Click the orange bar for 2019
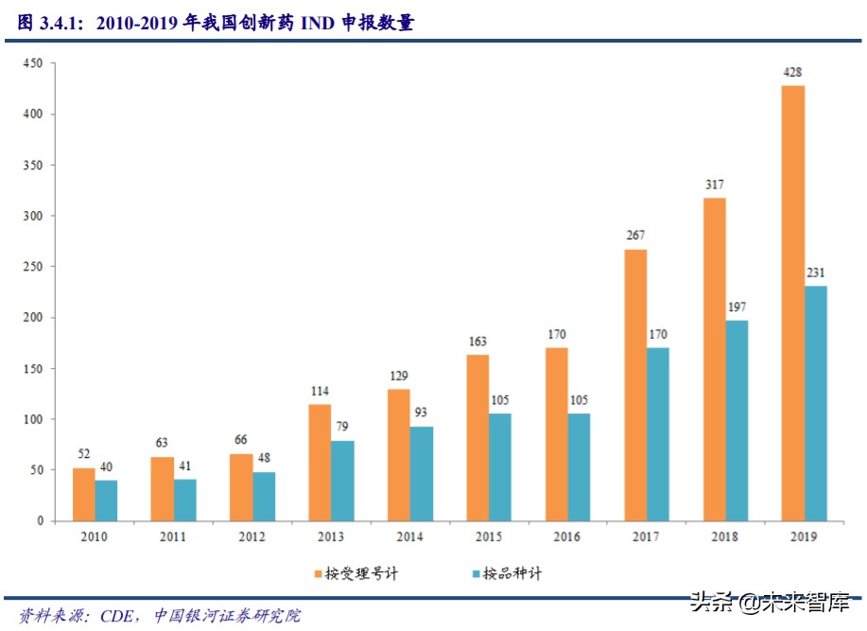coord(793,303)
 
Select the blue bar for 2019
coord(816,403)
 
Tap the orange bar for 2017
coord(635,385)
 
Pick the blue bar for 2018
coord(737,420)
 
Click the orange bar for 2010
coord(84,494)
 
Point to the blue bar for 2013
coord(342,481)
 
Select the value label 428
coord(793,72)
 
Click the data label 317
coord(715,184)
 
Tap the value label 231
coord(816,272)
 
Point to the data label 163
coord(477,342)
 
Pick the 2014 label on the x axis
coord(408,536)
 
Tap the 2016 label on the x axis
coord(566,536)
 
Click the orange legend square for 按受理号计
coord(319,572)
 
